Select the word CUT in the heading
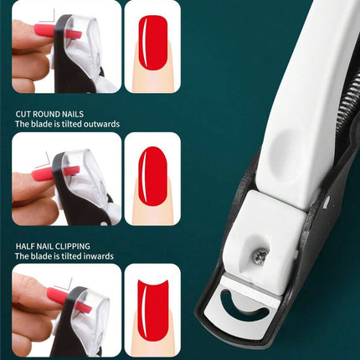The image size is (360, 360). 23,114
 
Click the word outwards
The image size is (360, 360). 101,124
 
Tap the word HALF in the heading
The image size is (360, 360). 24,246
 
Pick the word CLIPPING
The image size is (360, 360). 73,246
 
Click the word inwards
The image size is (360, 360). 99,256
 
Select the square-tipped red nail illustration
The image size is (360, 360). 152,43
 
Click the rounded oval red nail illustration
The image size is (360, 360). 152,177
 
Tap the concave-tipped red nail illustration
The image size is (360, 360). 152,311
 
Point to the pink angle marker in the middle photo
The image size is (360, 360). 44,160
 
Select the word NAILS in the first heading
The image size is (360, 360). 74,114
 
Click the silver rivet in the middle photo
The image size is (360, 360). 105,223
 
